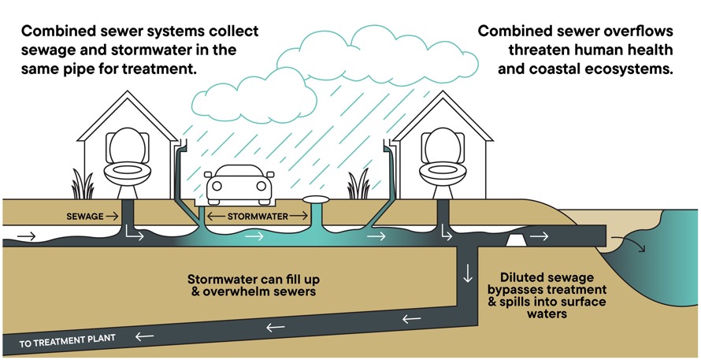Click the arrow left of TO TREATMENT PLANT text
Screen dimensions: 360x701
pyautogui.click(x=144, y=336)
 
